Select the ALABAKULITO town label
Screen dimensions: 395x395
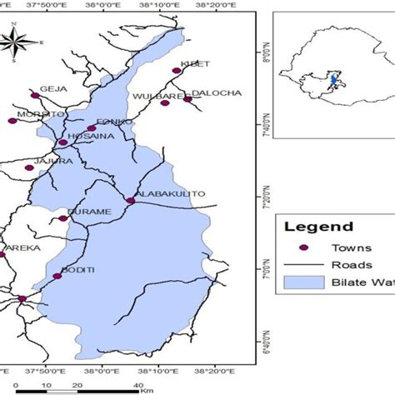pos(171,194)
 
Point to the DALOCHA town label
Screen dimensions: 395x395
pos(216,92)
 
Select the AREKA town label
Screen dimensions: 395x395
pos(16,248)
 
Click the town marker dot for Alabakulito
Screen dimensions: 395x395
pos(130,200)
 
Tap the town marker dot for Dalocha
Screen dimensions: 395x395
pos(187,100)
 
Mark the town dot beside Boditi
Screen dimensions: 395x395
pos(57,276)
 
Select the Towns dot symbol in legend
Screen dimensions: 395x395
pos(304,248)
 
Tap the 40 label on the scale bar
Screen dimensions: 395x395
pos(137,383)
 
